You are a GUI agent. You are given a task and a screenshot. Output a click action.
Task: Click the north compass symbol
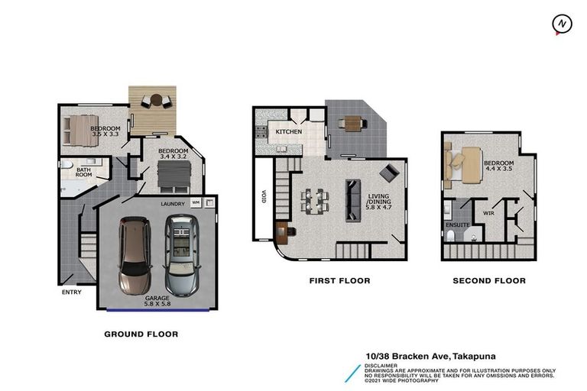click(x=562, y=24)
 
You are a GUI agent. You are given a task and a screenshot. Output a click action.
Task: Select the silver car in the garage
click(x=183, y=256)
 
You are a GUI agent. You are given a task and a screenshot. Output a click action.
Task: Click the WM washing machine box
click(x=196, y=202)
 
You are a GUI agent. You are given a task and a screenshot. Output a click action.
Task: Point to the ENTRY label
click(x=72, y=292)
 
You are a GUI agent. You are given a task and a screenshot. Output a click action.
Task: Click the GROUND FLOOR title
click(x=141, y=334)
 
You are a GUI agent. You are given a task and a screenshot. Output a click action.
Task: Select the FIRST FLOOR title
click(x=339, y=280)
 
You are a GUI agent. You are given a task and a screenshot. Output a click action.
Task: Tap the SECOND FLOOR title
click(x=489, y=280)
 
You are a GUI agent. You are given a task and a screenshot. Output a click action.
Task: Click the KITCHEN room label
click(x=289, y=131)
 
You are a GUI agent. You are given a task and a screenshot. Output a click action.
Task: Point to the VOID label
click(x=264, y=197)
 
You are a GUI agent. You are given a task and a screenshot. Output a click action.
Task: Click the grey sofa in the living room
click(x=353, y=201)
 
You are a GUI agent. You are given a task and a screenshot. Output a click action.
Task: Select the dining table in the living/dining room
click(x=314, y=201)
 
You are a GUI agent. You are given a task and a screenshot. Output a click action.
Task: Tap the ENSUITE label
click(x=458, y=225)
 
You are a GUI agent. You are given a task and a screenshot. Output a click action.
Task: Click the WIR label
click(x=488, y=213)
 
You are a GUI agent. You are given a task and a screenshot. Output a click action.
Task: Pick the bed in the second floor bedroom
click(x=462, y=165)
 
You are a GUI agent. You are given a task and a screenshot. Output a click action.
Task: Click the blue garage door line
click(x=157, y=310)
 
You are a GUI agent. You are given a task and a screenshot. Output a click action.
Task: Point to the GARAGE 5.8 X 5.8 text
click(x=157, y=301)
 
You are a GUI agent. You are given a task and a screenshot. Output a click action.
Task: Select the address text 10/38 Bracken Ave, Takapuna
click(x=431, y=357)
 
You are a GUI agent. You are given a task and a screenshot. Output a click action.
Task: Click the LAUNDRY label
click(x=173, y=204)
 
